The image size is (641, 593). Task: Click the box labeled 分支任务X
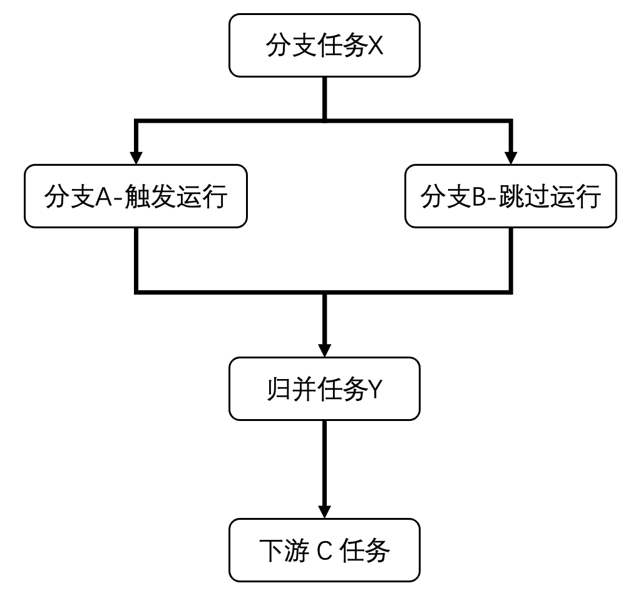tap(324, 46)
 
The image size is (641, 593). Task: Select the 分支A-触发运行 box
tap(136, 196)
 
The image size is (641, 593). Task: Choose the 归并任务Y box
tap(324, 388)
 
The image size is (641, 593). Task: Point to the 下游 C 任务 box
tap(324, 550)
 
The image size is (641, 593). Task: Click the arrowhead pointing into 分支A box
tap(136, 157)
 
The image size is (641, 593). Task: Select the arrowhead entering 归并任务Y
tap(324, 350)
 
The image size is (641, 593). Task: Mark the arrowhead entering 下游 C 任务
tap(324, 511)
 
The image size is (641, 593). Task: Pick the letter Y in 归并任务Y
tap(374, 389)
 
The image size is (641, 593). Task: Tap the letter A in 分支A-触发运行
tap(104, 197)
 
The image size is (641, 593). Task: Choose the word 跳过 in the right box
tap(523, 197)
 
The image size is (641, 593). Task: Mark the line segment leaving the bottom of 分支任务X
tap(324, 98)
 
